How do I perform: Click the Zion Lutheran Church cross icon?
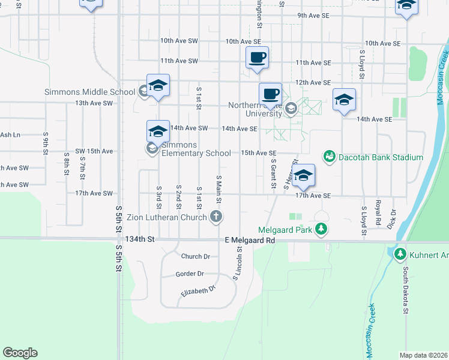tap(217, 217)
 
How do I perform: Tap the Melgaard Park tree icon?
tap(322, 229)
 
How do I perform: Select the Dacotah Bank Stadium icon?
tap(329, 157)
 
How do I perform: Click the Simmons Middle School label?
tap(89, 92)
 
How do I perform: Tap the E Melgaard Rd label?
tap(250, 240)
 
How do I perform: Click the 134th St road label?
tap(140, 239)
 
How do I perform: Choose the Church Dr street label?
tap(196, 256)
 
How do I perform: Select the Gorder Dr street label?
tap(190, 274)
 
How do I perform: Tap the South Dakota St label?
tap(406, 290)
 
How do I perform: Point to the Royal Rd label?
tap(378, 212)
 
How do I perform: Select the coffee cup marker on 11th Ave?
tap(258, 58)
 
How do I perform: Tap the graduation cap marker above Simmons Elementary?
tap(158, 131)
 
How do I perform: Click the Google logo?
tap(20, 353)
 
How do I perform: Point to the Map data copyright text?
tap(423, 355)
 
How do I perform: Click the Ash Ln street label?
tap(10, 135)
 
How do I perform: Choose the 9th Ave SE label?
tap(314, 15)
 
